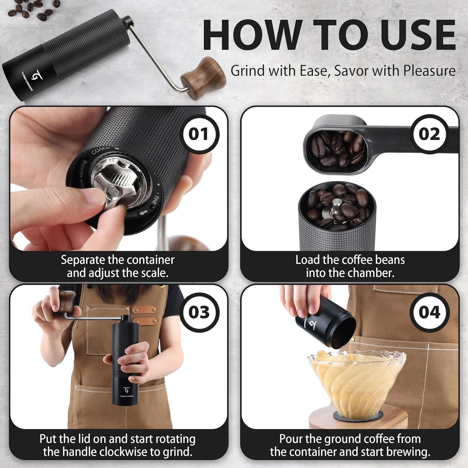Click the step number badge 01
(198, 134)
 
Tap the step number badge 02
(429, 134)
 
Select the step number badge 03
(199, 312)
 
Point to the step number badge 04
(429, 312)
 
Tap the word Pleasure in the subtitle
(429, 71)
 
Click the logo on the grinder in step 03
(126, 390)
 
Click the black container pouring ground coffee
(324, 328)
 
